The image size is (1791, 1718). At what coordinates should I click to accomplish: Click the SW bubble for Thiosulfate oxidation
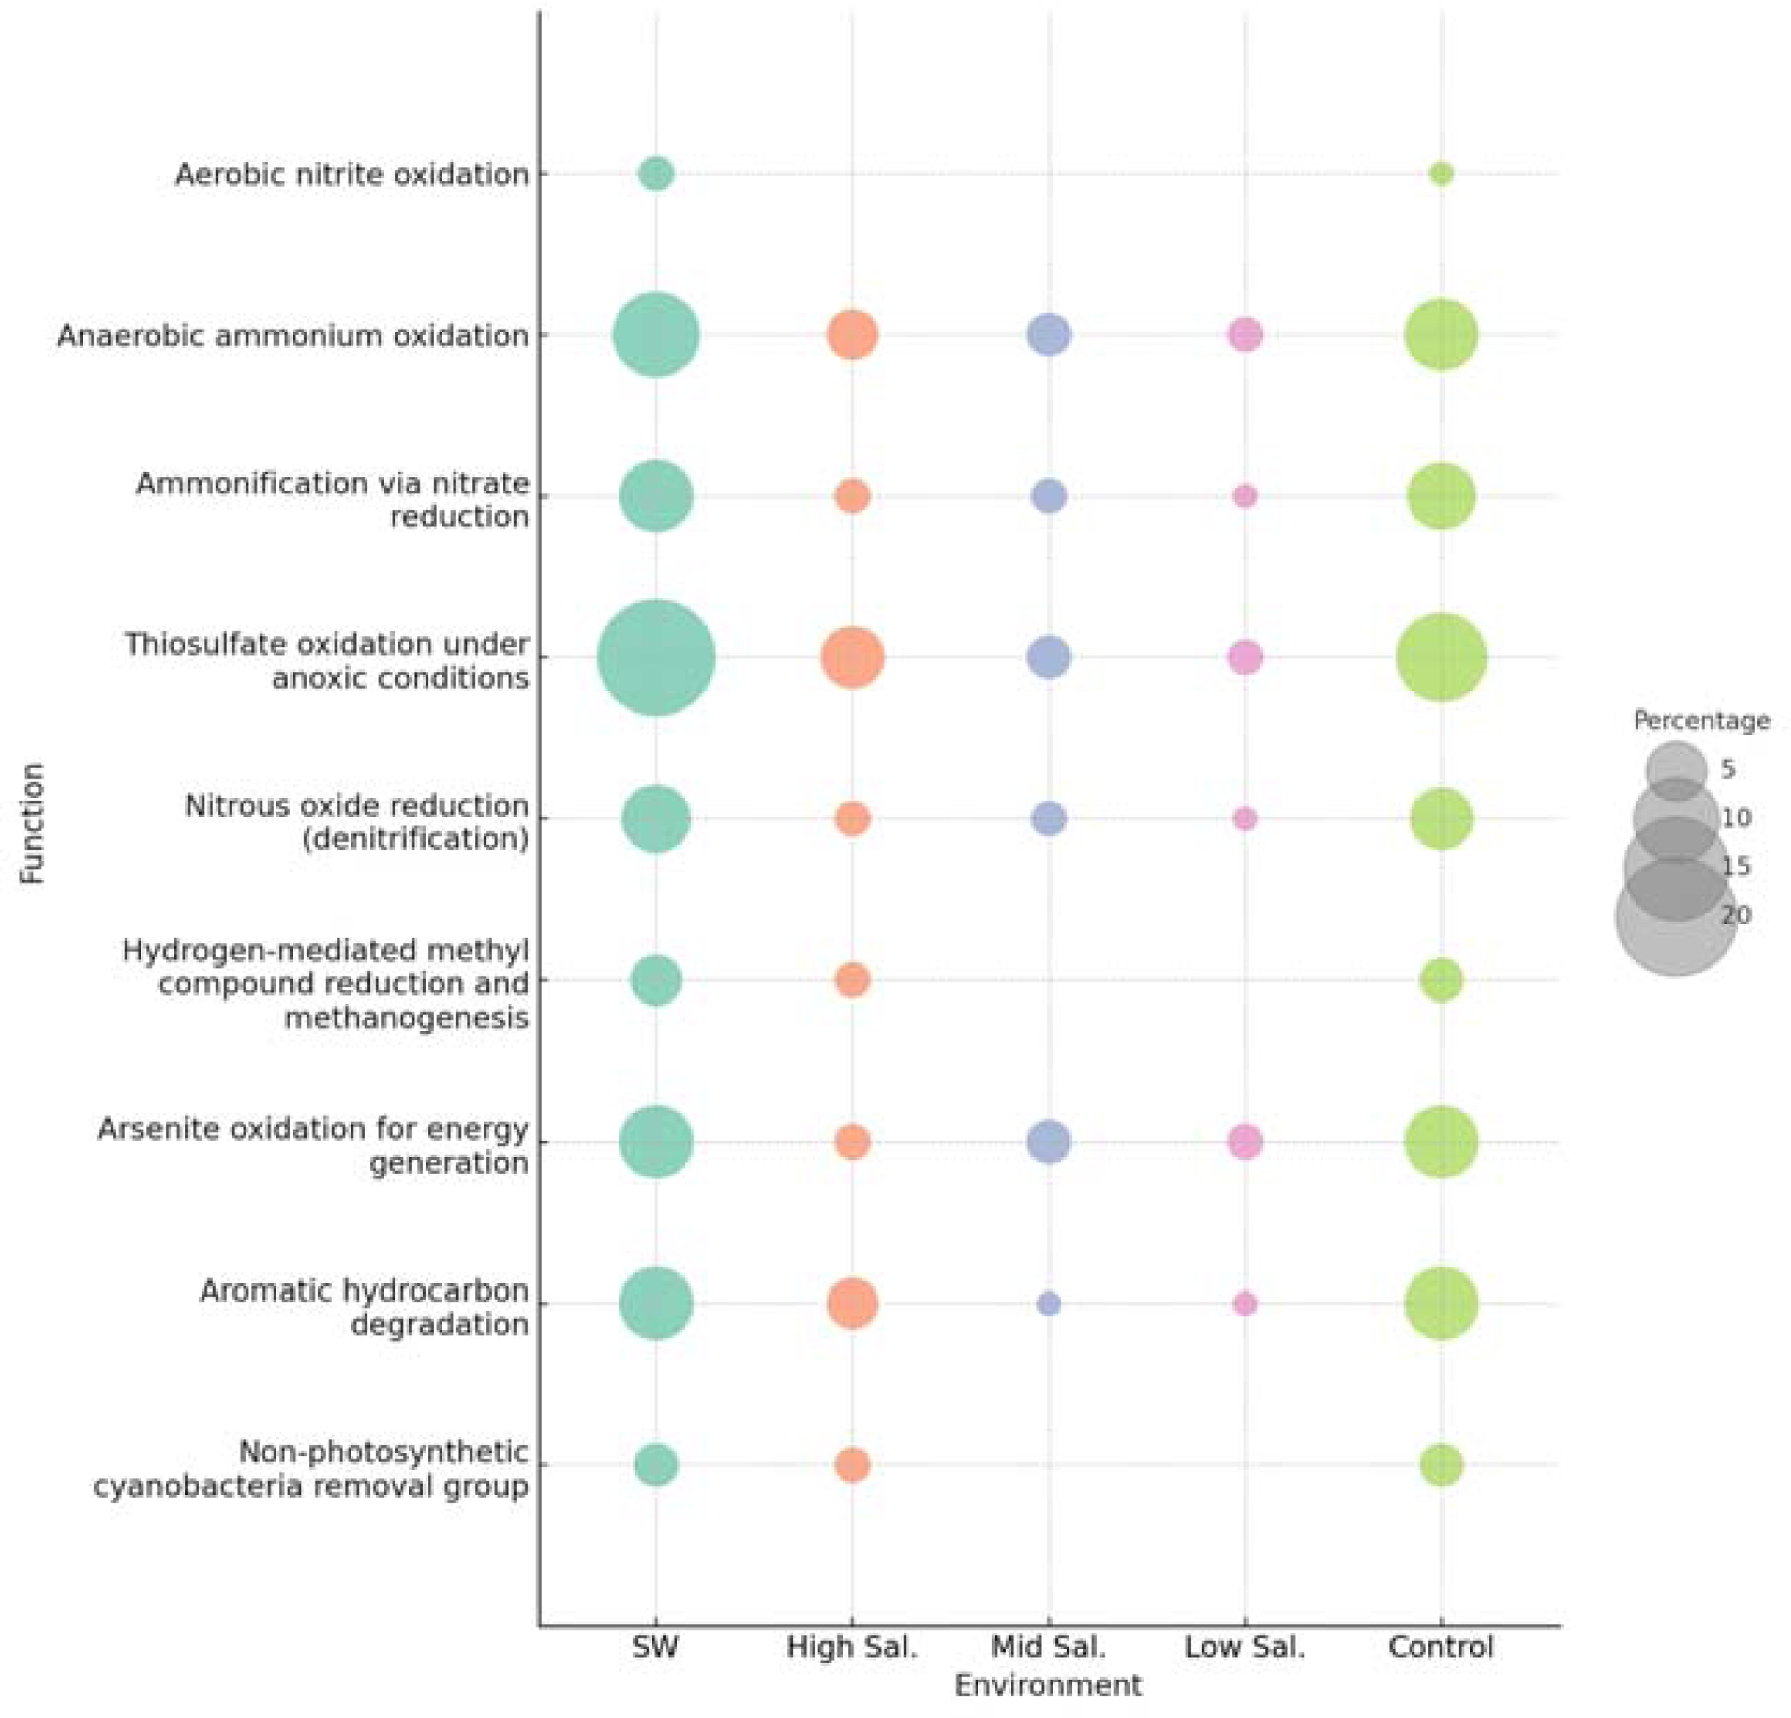pos(655,657)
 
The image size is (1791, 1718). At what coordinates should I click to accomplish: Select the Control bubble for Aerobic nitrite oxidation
pos(1440,174)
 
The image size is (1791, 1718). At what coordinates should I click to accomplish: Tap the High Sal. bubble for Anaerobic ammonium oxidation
pos(852,335)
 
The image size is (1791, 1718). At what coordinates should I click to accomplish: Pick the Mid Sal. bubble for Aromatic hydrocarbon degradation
pos(1048,1303)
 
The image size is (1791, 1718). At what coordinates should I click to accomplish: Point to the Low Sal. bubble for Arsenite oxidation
pos(1244,1141)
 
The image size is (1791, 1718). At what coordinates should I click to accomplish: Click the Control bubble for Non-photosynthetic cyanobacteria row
pos(1440,1465)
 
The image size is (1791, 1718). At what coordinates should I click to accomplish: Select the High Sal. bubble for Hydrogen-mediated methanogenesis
pos(852,980)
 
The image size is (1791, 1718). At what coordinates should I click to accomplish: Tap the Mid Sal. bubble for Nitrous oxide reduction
pos(1048,819)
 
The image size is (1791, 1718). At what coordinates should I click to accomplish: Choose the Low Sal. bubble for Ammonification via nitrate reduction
pos(1244,496)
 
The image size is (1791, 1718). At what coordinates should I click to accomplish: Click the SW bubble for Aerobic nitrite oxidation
pos(655,174)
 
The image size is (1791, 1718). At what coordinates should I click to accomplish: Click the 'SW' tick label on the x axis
pos(655,1647)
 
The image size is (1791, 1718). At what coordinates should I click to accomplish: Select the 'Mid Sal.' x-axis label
pos(1048,1647)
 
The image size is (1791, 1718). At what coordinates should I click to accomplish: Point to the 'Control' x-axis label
pos(1440,1647)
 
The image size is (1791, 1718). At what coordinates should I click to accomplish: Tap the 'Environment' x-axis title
pos(1048,1684)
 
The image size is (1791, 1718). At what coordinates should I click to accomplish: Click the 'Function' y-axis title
pos(33,822)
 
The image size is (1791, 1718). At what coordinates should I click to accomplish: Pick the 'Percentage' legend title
pos(1701,721)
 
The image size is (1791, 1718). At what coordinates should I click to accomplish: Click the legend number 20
pos(1735,915)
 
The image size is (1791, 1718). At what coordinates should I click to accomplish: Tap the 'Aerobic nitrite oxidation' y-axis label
pos(352,174)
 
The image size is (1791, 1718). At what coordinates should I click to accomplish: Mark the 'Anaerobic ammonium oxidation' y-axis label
pos(293,335)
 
